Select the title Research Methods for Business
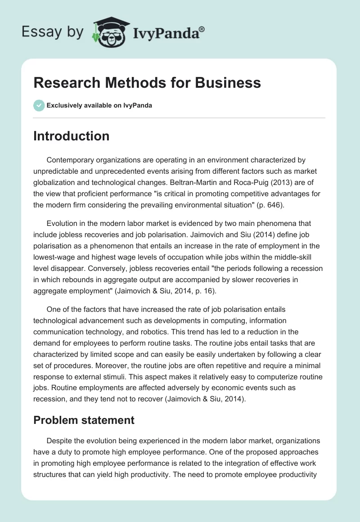pos(147,83)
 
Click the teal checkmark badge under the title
pos(39,106)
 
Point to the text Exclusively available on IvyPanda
pos(99,106)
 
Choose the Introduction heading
pos(71,136)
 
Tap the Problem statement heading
pos(84,420)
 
